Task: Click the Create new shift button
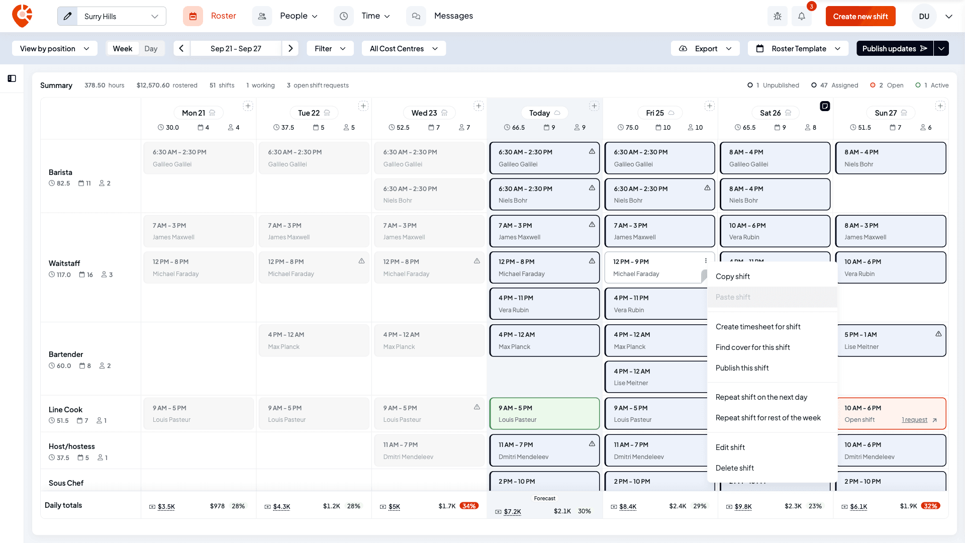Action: pos(860,17)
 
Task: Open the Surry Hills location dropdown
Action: pos(112,17)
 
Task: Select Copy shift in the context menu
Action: pos(732,277)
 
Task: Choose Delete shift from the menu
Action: pos(734,468)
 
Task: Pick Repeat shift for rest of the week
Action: pos(768,418)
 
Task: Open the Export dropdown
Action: pos(705,49)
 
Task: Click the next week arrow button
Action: pos(291,49)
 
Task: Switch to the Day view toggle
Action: pos(151,49)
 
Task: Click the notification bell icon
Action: pos(802,17)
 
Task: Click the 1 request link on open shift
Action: pos(914,420)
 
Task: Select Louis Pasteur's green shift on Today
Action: pos(544,414)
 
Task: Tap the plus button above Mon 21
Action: pos(248,106)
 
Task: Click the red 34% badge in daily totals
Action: pos(469,506)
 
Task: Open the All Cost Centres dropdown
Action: pos(404,49)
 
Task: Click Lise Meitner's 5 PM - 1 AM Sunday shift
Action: pos(891,341)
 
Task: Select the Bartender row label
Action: pos(66,354)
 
